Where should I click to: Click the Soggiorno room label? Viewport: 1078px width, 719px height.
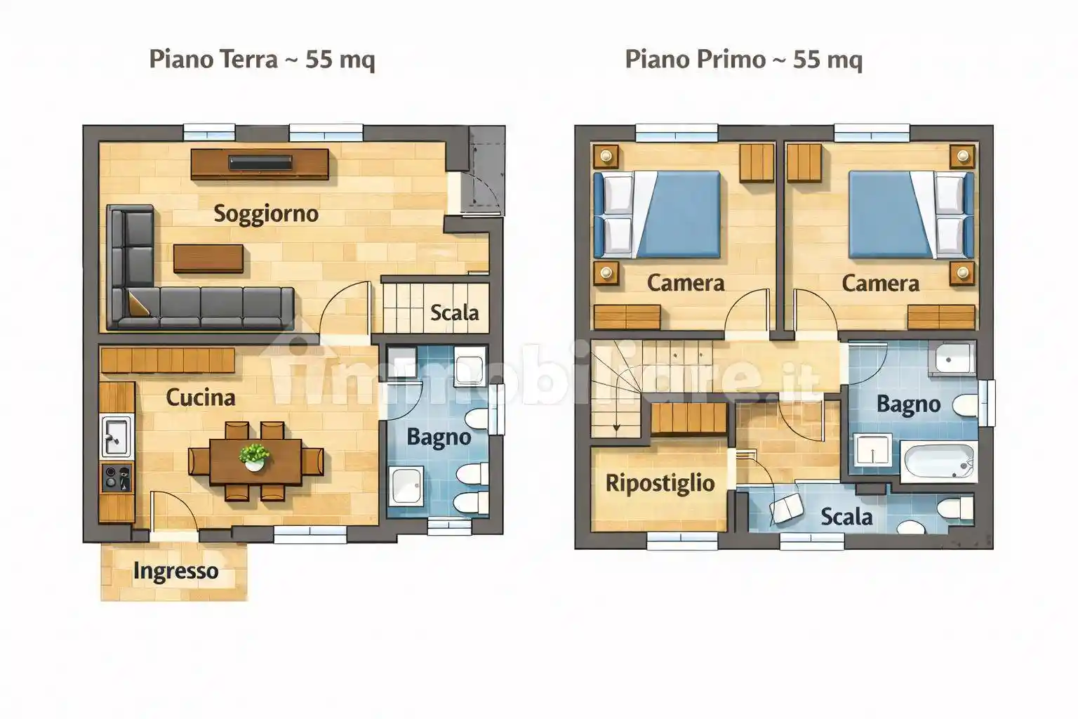tap(266, 214)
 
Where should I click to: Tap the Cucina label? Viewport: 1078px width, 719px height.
tap(201, 398)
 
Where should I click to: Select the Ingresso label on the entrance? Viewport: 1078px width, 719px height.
tap(175, 571)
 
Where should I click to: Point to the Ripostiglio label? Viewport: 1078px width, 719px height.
tap(660, 484)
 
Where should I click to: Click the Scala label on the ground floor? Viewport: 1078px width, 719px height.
tap(454, 313)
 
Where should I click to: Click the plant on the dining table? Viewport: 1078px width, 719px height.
tap(255, 456)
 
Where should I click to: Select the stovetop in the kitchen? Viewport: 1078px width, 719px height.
tap(117, 477)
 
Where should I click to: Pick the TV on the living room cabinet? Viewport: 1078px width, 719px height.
tap(260, 163)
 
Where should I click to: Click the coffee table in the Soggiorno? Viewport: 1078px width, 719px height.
tap(208, 258)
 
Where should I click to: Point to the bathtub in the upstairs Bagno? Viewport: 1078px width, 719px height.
tap(939, 462)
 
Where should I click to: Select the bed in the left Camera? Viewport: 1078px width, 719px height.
tap(658, 214)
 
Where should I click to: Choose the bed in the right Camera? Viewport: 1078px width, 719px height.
tap(912, 214)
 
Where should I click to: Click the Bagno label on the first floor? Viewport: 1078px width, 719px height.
tap(909, 404)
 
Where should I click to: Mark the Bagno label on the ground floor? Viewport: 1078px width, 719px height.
tap(439, 437)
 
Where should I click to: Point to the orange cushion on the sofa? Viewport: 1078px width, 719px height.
tap(138, 304)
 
